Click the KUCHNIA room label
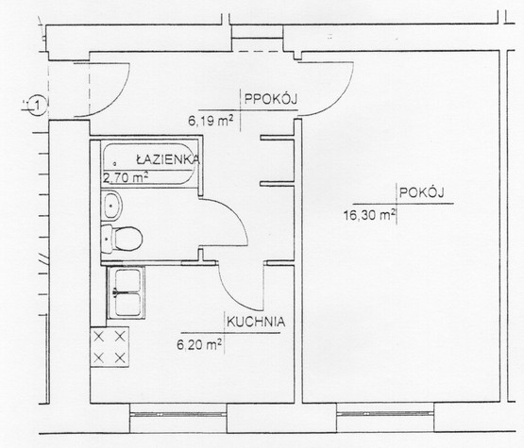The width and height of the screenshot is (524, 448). (x=256, y=322)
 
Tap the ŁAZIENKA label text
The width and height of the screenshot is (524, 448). (x=168, y=159)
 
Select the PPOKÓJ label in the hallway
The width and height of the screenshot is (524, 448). (x=271, y=99)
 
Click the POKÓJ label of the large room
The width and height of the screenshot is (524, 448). (x=421, y=192)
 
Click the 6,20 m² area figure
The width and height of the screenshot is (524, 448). (x=199, y=344)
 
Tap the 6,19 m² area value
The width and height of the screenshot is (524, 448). (x=211, y=121)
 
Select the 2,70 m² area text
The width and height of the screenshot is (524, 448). (x=126, y=177)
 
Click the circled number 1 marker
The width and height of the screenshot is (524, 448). (x=38, y=107)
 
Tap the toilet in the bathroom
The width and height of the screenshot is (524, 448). (x=121, y=239)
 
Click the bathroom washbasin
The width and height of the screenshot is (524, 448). (x=111, y=205)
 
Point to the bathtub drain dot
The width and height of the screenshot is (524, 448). (x=114, y=163)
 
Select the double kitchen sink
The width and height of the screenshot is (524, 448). (x=127, y=292)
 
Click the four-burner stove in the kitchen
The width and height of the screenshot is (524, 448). (x=110, y=347)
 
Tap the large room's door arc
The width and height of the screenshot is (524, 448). (x=342, y=100)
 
